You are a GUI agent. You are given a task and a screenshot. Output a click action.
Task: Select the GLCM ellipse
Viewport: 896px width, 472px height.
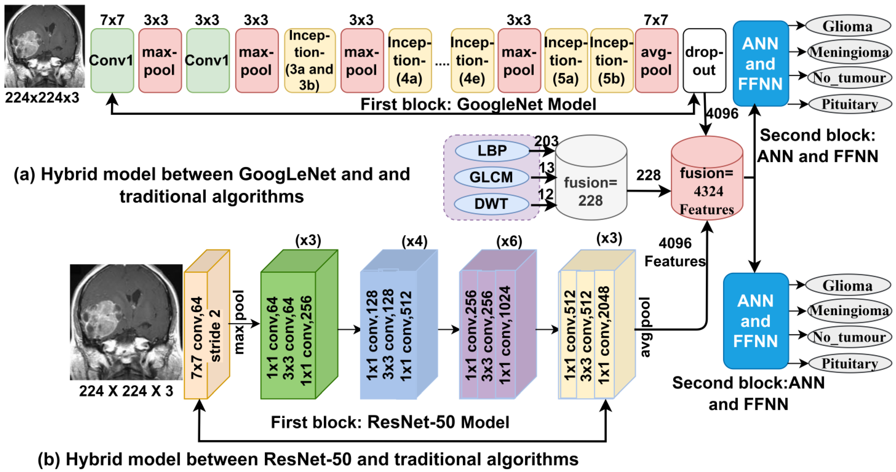click(x=491, y=177)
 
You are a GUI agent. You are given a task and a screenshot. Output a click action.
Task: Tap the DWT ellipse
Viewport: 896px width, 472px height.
click(x=491, y=204)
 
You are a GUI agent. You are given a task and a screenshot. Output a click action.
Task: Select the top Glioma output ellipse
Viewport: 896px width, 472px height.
click(x=847, y=26)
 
